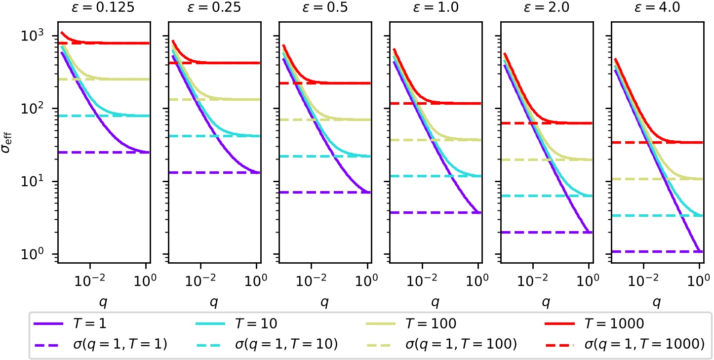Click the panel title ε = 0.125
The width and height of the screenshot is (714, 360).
102,10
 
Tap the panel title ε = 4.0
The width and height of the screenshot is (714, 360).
656,10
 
